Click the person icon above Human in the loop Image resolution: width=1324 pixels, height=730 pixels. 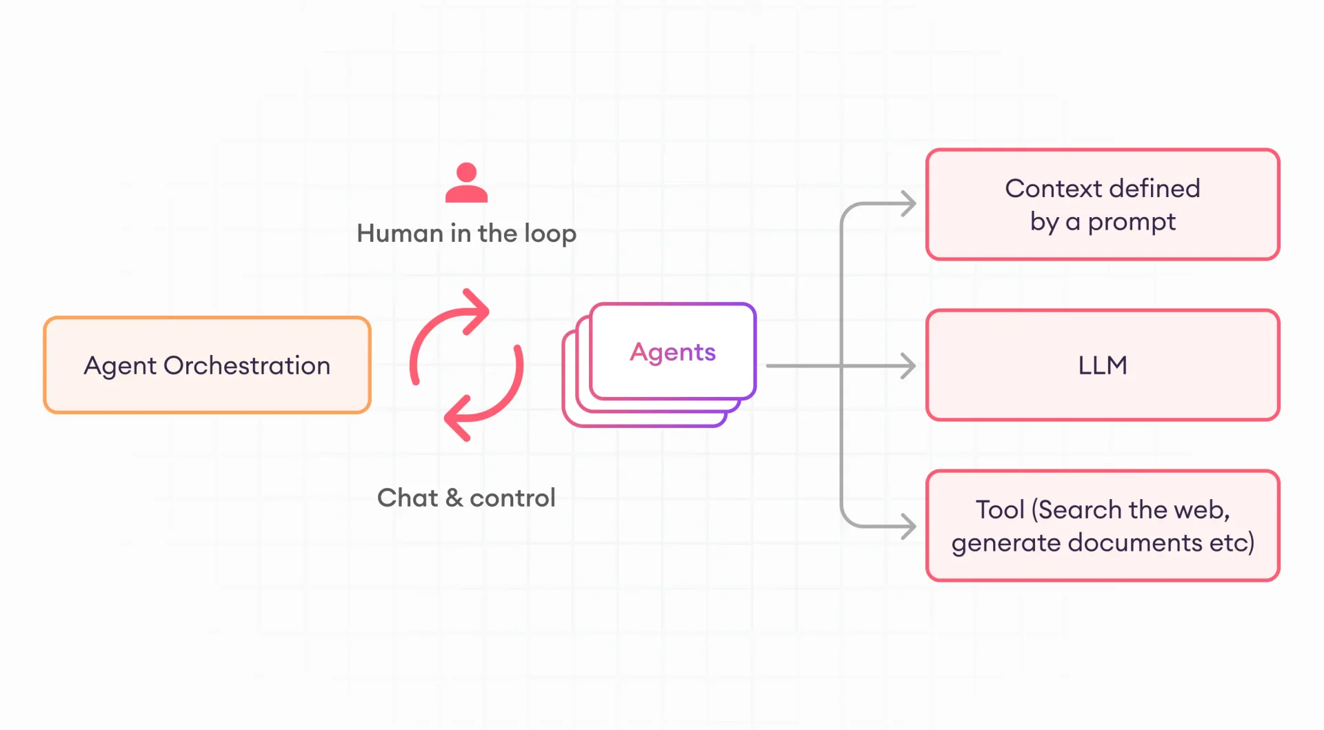click(x=466, y=183)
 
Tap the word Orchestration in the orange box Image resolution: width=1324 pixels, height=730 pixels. click(x=247, y=365)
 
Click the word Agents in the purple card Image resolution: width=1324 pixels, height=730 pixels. click(x=672, y=352)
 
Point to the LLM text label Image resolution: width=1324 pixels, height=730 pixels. click(x=1102, y=365)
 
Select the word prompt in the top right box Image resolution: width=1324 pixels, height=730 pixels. click(x=1132, y=223)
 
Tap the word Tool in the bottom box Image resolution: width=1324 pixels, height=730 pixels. click(x=999, y=510)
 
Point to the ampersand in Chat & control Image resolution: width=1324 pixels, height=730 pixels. click(x=454, y=498)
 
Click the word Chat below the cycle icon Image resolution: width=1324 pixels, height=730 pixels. click(x=407, y=498)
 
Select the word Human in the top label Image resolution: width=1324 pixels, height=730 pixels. click(x=399, y=234)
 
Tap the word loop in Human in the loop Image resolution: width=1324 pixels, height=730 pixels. click(x=550, y=234)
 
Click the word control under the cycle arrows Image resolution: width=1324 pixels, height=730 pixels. click(x=512, y=498)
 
